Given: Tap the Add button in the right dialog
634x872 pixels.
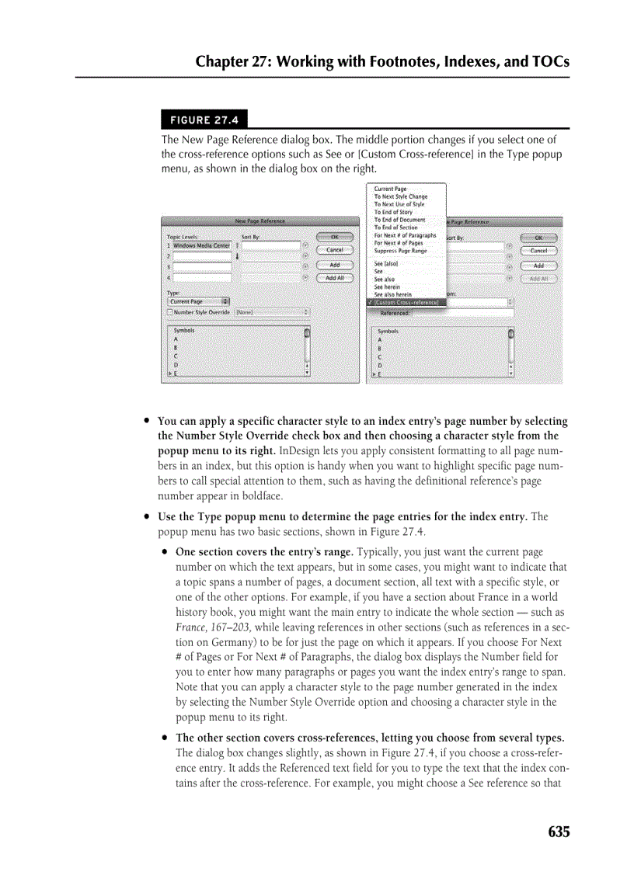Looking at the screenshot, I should pos(538,266).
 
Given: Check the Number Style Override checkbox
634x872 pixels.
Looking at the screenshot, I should pos(170,312).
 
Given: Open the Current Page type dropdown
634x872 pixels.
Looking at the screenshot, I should pos(199,301).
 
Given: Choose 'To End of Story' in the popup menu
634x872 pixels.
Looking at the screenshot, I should pos(393,212).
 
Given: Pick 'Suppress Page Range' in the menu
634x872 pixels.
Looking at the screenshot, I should pos(400,251).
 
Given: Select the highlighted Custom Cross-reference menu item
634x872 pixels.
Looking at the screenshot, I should pos(406,302).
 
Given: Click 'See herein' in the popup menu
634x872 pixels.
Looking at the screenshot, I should pos(387,287).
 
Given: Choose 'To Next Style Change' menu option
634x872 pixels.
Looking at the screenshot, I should pos(400,196).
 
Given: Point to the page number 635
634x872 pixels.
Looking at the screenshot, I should pos(558,832).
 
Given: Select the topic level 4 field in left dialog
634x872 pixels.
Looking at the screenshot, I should pos(202,277).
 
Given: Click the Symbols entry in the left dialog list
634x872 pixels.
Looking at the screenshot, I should pos(184,330).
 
